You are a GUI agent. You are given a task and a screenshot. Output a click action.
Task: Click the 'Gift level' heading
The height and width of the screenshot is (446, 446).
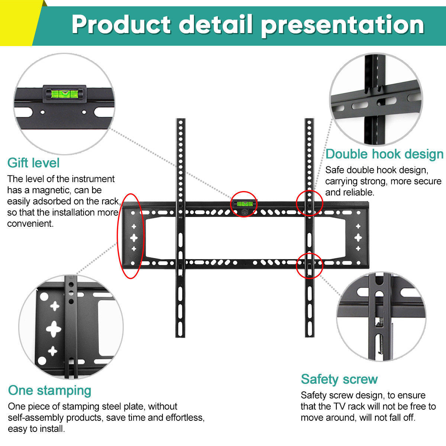click(33, 163)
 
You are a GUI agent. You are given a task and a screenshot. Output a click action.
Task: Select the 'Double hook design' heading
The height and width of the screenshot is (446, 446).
click(384, 154)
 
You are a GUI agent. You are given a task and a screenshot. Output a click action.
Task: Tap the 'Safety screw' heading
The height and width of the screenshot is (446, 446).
click(339, 379)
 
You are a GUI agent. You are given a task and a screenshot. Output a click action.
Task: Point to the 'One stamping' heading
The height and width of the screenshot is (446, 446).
click(49, 390)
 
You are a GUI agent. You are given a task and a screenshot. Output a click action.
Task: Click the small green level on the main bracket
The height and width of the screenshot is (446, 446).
click(244, 203)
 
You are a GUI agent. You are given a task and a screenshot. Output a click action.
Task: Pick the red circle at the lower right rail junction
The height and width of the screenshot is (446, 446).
click(309, 265)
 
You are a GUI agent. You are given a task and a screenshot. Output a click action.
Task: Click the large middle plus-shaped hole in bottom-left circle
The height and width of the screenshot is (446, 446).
click(54, 329)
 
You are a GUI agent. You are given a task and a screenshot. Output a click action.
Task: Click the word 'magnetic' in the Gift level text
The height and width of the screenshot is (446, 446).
click(46, 190)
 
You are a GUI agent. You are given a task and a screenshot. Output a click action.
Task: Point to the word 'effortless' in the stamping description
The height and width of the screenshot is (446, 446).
click(184, 417)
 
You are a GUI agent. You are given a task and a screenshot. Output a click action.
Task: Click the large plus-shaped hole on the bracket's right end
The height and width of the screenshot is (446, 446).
click(358, 237)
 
